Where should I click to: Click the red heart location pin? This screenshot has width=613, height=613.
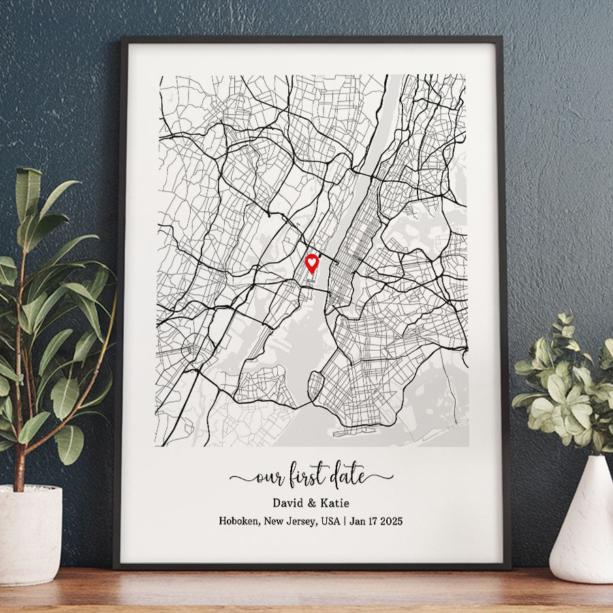pos(311,263)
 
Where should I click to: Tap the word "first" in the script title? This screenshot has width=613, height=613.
pos(308,475)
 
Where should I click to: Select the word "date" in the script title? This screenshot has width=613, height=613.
pos(347,475)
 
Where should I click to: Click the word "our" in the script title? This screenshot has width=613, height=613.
pos(269,477)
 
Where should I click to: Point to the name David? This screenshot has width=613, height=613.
pos(288,503)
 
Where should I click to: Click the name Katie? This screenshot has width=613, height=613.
pos(333,503)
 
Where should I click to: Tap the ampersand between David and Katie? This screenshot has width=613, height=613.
pos(311,503)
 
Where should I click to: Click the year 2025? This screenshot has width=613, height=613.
pos(390,521)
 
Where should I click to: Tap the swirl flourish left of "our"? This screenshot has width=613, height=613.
pos(241,478)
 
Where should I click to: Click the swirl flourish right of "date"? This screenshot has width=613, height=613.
pos(380,477)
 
